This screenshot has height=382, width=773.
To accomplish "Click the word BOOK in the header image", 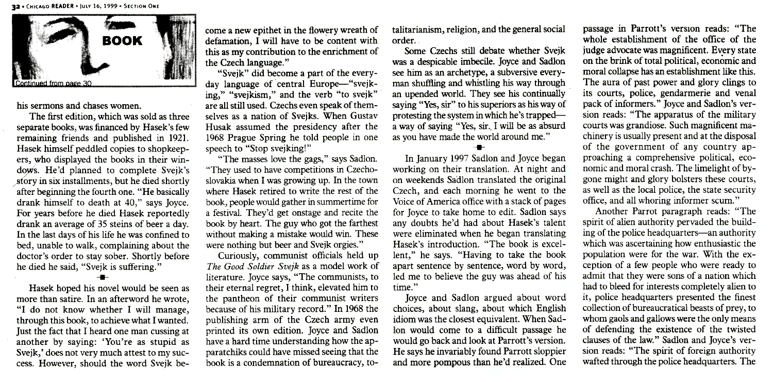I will pos(121,41).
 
